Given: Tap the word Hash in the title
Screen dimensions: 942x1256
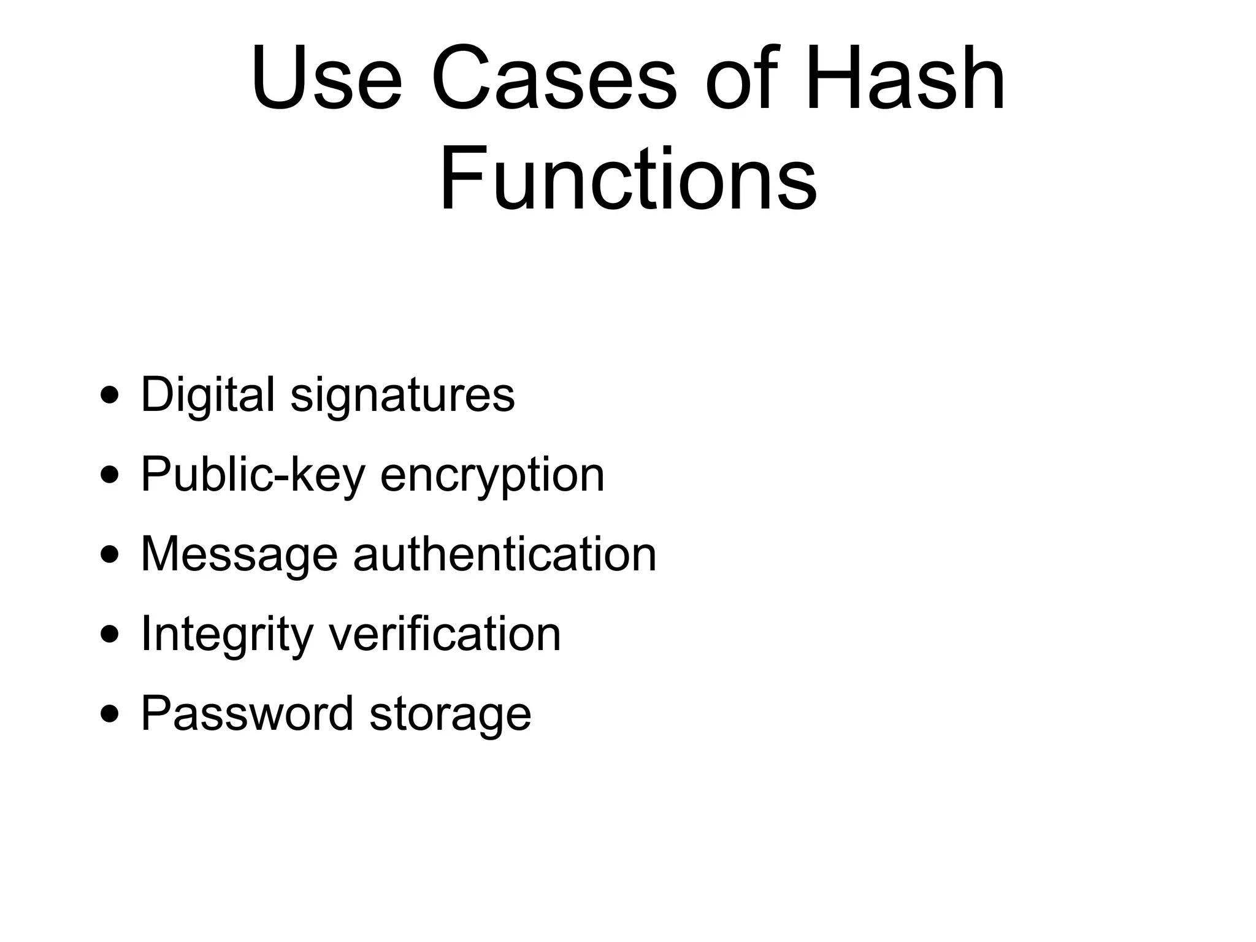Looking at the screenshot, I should [905, 78].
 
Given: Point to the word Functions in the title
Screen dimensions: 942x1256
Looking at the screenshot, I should [628, 178].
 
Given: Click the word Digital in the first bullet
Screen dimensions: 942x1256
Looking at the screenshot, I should [208, 394].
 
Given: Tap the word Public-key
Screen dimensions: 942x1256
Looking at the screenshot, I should [253, 475].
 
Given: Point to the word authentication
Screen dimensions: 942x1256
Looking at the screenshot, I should [505, 554].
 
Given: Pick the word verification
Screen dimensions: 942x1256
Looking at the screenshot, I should [445, 634].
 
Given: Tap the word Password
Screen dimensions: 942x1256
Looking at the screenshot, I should [247, 713].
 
